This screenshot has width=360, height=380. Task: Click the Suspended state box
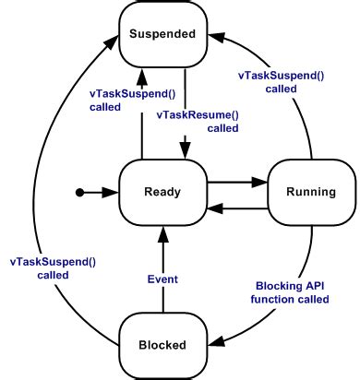162,34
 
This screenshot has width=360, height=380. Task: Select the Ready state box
162,192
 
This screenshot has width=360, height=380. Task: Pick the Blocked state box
162,345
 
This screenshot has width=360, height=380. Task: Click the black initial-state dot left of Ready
80,192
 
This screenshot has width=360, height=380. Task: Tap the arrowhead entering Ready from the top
185,152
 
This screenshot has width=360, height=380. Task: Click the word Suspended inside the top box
162,34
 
